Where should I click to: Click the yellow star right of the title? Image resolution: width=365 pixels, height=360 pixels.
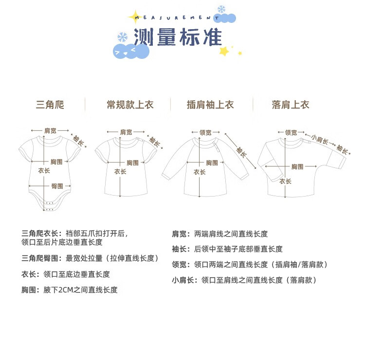[224, 51]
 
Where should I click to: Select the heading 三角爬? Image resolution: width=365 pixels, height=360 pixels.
[50, 105]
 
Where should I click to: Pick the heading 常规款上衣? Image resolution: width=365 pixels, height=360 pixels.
[130, 105]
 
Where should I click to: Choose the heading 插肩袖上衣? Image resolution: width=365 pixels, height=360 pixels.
[210, 105]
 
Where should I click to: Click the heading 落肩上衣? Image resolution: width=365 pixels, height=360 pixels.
[291, 105]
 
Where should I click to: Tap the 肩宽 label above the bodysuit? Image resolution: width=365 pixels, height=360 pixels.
[50, 130]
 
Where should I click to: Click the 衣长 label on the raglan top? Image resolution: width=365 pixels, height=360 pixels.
[200, 172]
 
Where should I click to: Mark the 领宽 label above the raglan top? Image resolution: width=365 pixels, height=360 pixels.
[205, 132]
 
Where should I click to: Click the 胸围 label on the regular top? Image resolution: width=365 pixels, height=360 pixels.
[133, 162]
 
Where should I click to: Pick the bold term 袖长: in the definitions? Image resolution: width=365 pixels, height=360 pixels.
[180, 249]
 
